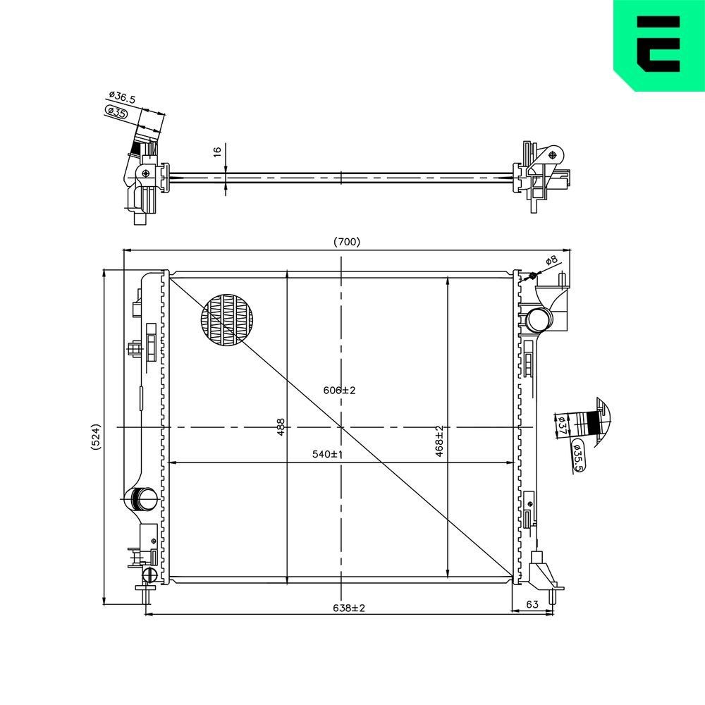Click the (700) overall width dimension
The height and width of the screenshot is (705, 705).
pos(347,242)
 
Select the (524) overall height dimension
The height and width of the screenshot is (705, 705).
pos(96,436)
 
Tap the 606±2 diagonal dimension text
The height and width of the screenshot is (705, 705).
pos(340,391)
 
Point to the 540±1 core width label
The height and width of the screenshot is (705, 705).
pos(328,454)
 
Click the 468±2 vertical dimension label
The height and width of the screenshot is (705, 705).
pos(439,441)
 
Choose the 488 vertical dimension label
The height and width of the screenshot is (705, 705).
pos(281,428)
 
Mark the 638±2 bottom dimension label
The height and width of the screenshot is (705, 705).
pos(349,608)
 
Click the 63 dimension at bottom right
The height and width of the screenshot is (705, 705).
pos(532,604)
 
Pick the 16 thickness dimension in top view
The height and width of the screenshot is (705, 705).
pos(218,152)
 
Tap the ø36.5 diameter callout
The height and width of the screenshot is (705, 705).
pos(122,97)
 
